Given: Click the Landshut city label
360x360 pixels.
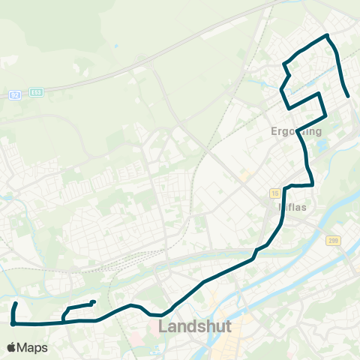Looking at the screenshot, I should pos(195,327).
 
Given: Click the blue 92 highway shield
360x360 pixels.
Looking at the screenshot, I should pos(15,95).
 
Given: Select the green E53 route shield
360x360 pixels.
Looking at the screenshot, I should pos(37,92).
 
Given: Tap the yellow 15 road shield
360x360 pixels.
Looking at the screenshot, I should pos(275,193).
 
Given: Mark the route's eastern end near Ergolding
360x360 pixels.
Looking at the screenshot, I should pos(349,96).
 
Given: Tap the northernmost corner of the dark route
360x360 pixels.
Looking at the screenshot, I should pos(326,35).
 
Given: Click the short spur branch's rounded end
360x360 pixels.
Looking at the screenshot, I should pos(93,302).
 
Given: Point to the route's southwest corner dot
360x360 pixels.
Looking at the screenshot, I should pos(13,324).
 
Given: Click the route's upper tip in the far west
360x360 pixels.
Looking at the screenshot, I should pos(16,304).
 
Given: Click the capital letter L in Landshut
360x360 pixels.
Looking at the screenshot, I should pos(163,327).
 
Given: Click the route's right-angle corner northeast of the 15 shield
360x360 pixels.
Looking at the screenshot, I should pos(312,184).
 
